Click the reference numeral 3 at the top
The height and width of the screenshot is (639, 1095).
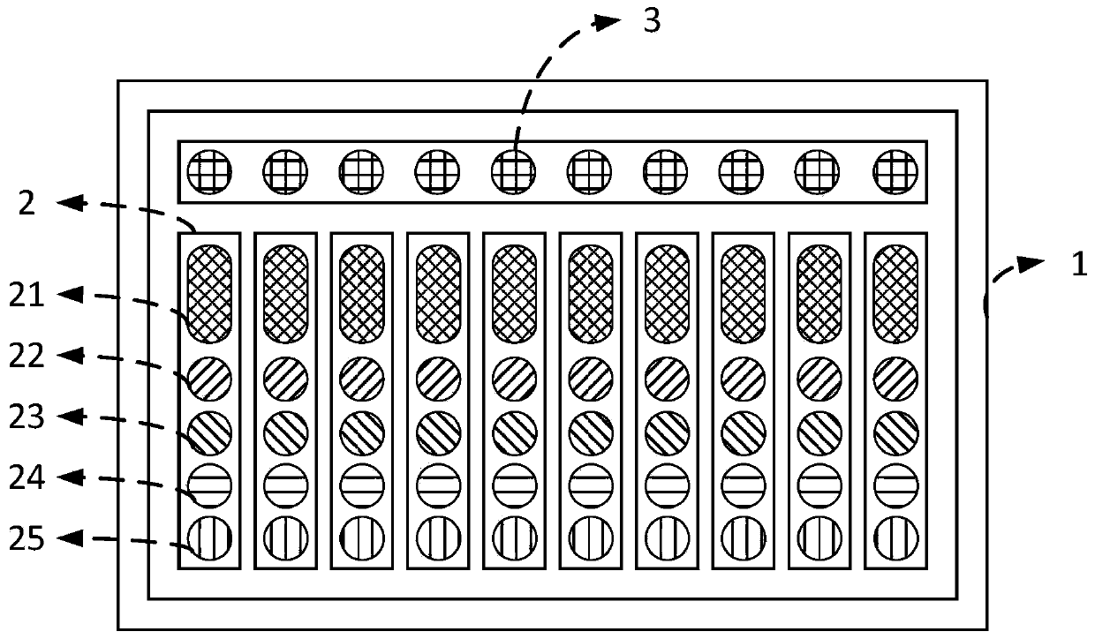[652, 21]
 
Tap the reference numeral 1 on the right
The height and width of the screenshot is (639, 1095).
[1080, 265]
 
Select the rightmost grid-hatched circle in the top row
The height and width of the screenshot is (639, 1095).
[896, 167]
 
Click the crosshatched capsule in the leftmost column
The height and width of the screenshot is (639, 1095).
[209, 293]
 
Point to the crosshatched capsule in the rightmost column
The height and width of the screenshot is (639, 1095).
[895, 293]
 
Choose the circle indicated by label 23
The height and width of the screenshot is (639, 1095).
[209, 432]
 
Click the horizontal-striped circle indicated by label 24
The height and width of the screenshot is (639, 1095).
[209, 485]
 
